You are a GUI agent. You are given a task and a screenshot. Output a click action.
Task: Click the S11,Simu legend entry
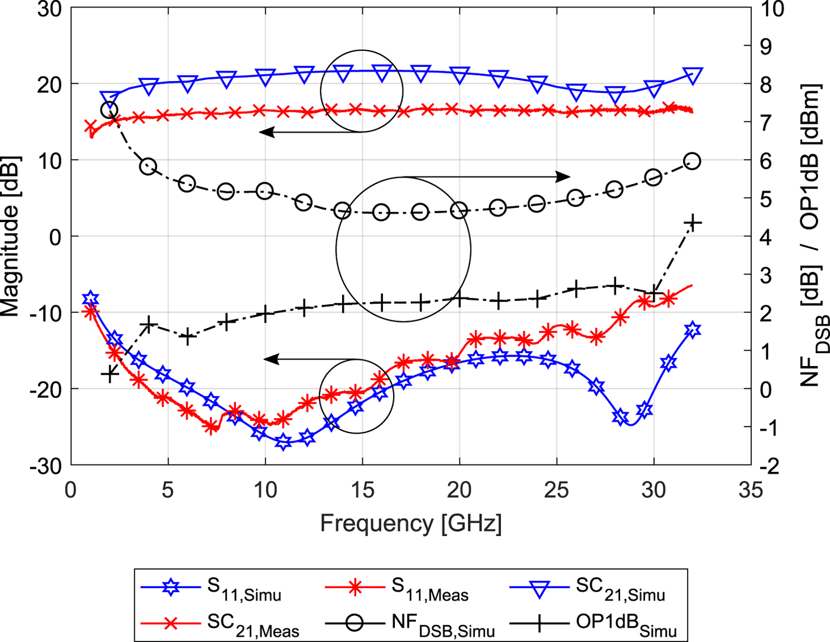tap(211, 589)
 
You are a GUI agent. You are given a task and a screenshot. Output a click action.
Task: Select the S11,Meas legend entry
tap(397, 589)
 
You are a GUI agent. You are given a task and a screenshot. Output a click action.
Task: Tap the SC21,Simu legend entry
tap(588, 589)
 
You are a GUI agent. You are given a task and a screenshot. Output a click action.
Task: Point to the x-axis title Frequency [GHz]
tap(411, 524)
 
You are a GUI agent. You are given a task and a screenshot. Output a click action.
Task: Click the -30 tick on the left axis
tap(46, 466)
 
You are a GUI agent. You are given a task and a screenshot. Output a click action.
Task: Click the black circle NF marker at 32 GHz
tap(692, 161)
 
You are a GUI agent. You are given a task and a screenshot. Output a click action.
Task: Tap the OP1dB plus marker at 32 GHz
tap(692, 223)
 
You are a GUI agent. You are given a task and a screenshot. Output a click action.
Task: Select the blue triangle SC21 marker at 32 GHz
tap(692, 76)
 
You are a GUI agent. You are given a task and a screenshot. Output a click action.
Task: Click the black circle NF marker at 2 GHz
tap(109, 110)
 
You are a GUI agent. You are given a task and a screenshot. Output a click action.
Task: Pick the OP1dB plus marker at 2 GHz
tap(110, 374)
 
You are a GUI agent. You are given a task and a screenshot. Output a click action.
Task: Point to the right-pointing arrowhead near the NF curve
tap(563, 176)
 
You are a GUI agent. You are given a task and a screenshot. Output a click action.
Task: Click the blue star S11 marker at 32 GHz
tap(692, 329)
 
